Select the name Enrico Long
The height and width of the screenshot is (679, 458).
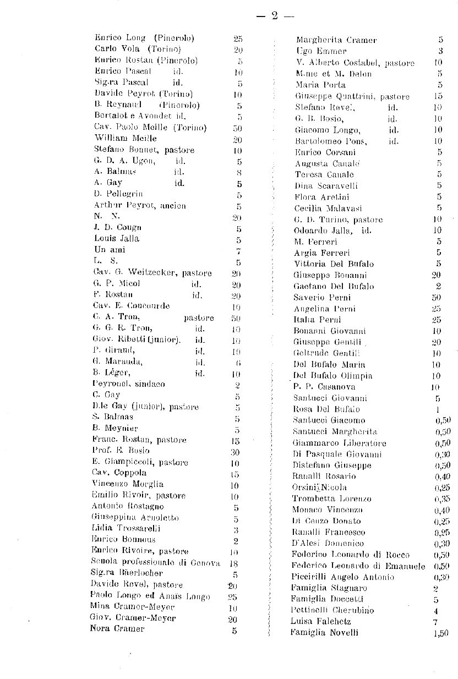click(x=120, y=38)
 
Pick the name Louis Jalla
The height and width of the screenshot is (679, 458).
click(x=117, y=239)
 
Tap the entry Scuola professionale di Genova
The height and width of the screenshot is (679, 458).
click(x=156, y=562)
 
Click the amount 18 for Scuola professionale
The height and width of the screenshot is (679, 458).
click(x=233, y=563)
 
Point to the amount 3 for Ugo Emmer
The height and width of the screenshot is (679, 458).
click(x=441, y=51)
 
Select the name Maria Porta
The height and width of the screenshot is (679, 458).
click(x=320, y=85)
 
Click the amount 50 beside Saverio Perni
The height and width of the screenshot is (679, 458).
click(x=436, y=298)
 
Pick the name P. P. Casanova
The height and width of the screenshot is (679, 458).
click(x=319, y=387)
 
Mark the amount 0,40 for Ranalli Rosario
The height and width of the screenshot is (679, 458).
click(x=442, y=477)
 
